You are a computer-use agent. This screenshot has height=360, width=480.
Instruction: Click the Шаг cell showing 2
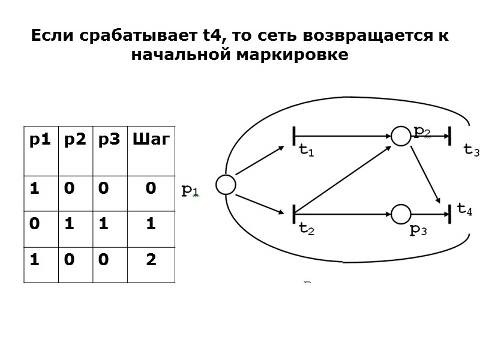point(151,260)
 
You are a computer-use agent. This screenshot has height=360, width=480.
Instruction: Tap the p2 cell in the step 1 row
point(75,224)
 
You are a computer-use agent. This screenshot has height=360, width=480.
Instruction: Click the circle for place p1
point(226,185)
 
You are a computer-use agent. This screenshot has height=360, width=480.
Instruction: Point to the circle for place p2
point(400,136)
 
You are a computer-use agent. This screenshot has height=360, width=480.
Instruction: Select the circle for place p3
point(400,213)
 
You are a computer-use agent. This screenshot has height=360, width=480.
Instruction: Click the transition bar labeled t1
point(294,136)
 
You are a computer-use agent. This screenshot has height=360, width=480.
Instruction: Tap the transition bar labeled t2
point(294,213)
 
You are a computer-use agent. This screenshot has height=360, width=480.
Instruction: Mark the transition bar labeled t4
point(449,213)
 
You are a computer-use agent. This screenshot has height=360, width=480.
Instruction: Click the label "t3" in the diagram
point(471,151)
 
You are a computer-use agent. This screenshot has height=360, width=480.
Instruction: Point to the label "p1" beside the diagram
point(190,191)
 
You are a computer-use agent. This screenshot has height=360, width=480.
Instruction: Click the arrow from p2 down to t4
point(427,174)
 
